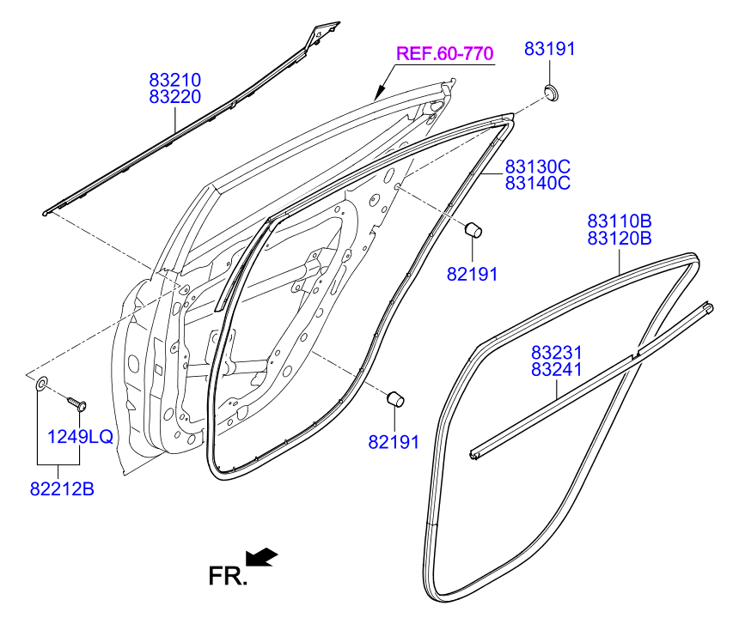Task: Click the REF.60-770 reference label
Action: pyautogui.click(x=444, y=54)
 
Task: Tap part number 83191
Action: pyautogui.click(x=549, y=50)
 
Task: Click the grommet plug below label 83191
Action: pyautogui.click(x=551, y=90)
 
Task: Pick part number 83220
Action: pyautogui.click(x=174, y=98)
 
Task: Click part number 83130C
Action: pyautogui.click(x=537, y=167)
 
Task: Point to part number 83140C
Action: pyautogui.click(x=537, y=183)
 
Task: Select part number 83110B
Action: pyautogui.click(x=620, y=221)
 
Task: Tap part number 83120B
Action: pyautogui.click(x=620, y=238)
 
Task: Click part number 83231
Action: pyautogui.click(x=556, y=353)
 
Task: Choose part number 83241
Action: pyautogui.click(x=556, y=369)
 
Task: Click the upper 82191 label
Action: pyautogui.click(x=472, y=274)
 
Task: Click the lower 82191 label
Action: pyautogui.click(x=393, y=442)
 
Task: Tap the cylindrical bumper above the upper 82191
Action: pyautogui.click(x=473, y=230)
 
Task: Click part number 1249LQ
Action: pyautogui.click(x=79, y=437)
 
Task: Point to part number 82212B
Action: pyautogui.click(x=61, y=489)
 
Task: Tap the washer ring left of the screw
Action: pyautogui.click(x=41, y=382)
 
